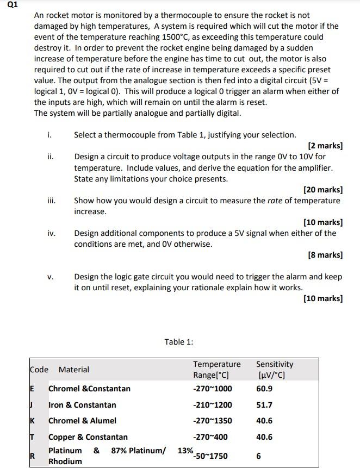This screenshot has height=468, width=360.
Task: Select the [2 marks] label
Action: (325, 146)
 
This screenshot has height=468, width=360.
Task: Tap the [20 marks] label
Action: (322, 190)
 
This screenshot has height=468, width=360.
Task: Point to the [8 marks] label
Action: (325, 255)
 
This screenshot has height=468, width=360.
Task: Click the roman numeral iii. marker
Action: (52, 201)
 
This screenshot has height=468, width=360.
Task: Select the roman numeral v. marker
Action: (51, 277)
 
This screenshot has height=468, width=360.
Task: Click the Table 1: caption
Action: (179, 342)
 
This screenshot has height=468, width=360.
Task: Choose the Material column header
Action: (73, 370)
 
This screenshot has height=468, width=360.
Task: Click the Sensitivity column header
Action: (274, 364)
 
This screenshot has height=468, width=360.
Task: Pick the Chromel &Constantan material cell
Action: (89, 389)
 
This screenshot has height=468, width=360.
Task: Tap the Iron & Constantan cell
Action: (82, 405)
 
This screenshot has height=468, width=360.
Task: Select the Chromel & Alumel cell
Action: (82, 421)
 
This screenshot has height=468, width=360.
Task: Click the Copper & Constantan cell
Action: (88, 437)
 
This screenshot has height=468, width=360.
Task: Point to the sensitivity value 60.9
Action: (264, 389)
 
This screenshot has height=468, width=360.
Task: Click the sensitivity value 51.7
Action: (264, 405)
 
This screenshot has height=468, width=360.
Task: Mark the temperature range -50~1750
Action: (210, 456)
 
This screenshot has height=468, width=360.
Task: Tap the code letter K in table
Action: (32, 421)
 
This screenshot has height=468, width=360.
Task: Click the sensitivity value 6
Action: (258, 456)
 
